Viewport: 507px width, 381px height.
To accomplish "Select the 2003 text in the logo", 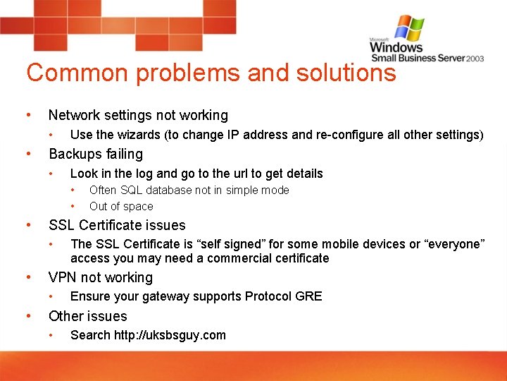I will (x=474, y=59).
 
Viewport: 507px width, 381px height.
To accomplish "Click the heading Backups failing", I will (x=95, y=154).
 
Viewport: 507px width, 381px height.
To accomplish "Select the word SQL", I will (x=132, y=190).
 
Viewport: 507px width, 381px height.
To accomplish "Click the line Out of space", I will (x=121, y=207).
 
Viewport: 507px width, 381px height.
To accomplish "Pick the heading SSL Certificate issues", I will (x=117, y=225).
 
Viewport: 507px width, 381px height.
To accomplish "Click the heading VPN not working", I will (x=100, y=277).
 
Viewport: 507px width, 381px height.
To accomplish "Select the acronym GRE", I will (x=309, y=296).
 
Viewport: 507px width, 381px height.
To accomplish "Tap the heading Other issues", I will (x=88, y=316).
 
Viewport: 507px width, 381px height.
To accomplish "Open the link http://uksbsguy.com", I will (x=170, y=335).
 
